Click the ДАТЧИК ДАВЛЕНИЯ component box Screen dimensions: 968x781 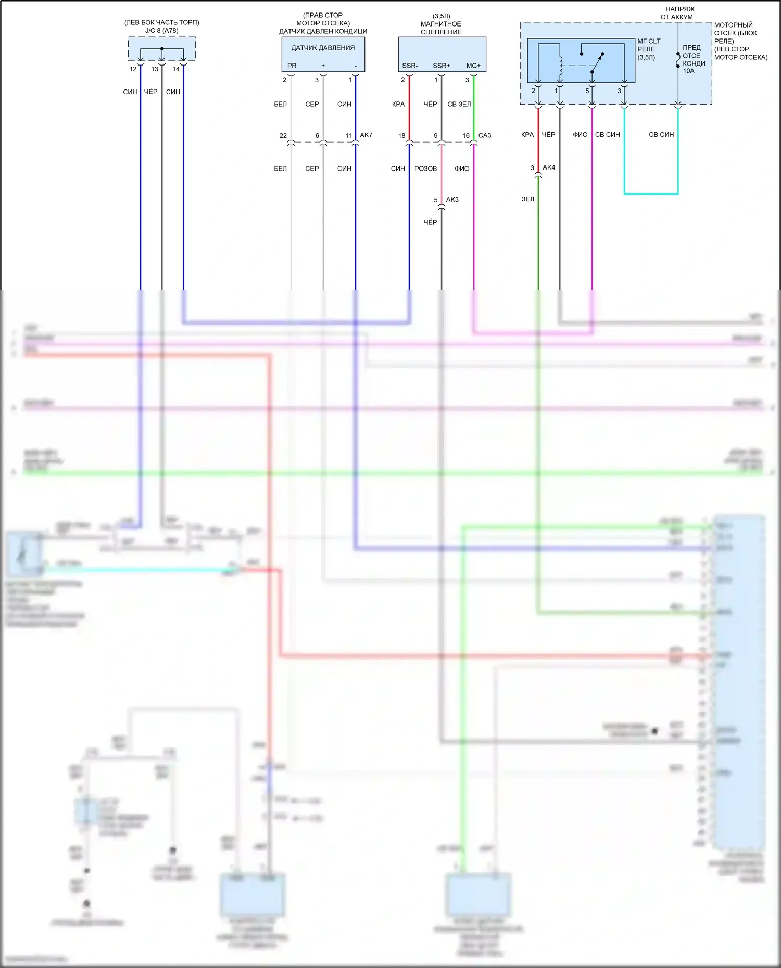click(323, 54)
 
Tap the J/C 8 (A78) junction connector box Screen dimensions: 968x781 click(162, 49)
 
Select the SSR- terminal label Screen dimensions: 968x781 click(410, 66)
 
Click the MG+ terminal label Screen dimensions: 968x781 click(473, 66)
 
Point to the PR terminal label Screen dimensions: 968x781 click(292, 66)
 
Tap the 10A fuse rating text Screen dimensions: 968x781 click(688, 71)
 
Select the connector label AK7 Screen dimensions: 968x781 click(366, 135)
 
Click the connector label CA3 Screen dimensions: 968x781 click(485, 136)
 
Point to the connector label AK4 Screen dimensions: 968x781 click(549, 167)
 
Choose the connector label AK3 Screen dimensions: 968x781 click(452, 200)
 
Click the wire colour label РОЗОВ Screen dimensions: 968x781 click(425, 169)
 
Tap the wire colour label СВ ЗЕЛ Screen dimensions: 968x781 click(459, 105)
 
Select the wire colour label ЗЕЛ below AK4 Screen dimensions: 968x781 click(527, 199)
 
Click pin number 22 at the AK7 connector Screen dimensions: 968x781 click(283, 136)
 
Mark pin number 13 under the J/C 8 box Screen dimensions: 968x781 click(155, 69)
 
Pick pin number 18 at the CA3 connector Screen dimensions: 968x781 click(401, 136)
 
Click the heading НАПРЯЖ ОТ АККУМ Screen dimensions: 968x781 click(677, 13)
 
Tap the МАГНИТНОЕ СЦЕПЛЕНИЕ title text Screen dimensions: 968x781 click(441, 28)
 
